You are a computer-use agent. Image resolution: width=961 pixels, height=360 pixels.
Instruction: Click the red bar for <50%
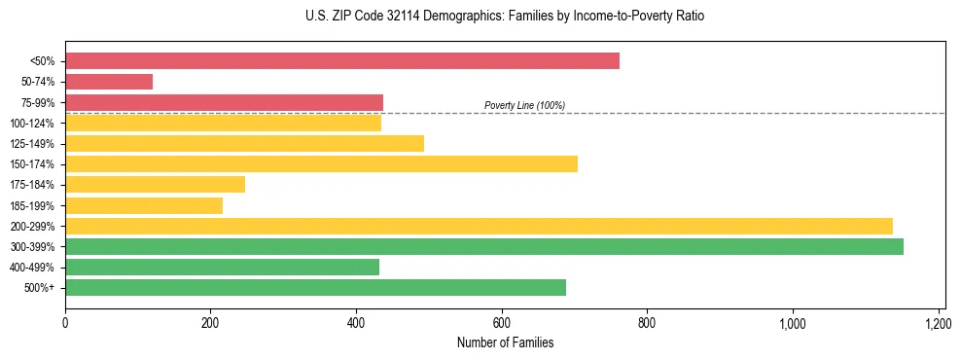pyautogui.click(x=341, y=61)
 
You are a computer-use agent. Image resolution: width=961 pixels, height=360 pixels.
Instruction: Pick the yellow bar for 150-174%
pyautogui.click(x=321, y=163)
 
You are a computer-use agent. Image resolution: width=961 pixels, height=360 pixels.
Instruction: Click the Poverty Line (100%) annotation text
pyautogui.click(x=524, y=105)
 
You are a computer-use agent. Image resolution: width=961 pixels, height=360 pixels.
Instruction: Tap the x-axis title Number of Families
pyautogui.click(x=505, y=342)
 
